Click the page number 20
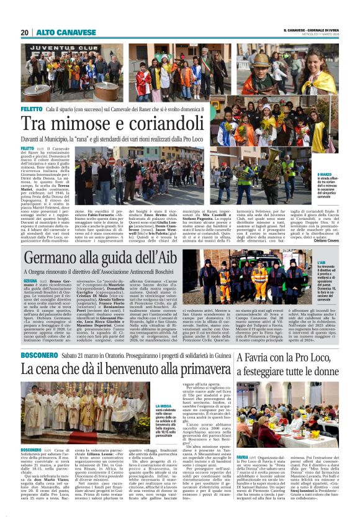24,32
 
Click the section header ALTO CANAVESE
56,32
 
